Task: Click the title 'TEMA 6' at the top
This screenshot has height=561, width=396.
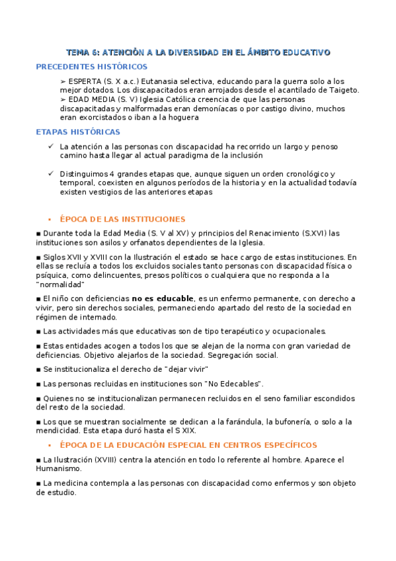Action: [83, 52]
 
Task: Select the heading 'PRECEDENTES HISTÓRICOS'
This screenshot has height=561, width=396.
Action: [91, 67]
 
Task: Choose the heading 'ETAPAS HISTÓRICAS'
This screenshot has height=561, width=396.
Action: [78, 132]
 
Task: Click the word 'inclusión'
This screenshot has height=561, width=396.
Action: [227, 155]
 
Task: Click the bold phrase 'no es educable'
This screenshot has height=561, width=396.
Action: [163, 298]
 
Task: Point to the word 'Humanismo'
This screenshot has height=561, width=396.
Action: [60, 468]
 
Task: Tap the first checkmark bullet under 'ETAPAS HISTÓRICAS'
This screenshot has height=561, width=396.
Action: [51, 146]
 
